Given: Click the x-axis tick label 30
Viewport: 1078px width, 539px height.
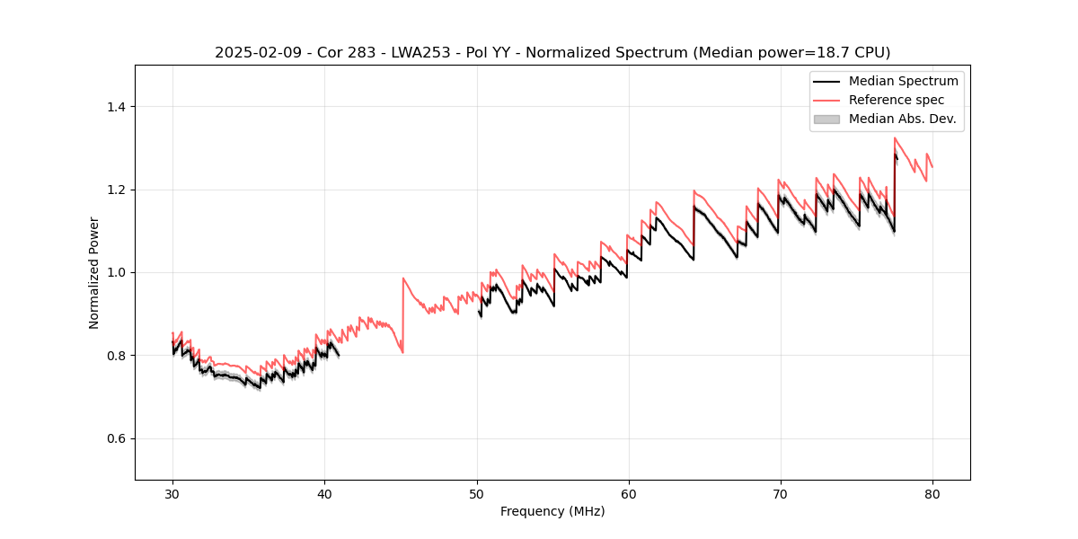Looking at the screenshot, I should (172, 493).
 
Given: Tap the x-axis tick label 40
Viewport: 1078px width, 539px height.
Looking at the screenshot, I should (324, 493).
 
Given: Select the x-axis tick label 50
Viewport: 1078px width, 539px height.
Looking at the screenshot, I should (476, 493).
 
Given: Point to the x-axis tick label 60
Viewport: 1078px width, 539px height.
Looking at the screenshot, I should (629, 493).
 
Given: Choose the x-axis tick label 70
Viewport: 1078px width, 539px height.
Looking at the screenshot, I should (781, 493).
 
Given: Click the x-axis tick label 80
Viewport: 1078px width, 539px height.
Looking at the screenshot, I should (932, 493).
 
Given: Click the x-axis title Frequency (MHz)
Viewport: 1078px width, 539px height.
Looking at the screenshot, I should (552, 511).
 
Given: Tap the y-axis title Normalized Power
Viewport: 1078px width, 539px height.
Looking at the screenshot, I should (94, 272).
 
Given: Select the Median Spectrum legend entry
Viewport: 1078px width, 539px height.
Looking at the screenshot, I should (903, 81).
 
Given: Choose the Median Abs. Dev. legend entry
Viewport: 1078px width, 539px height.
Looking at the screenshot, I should (902, 119).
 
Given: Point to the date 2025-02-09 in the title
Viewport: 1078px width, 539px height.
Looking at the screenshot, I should (253, 53).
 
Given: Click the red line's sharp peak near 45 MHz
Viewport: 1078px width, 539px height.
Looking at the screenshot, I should (403, 278).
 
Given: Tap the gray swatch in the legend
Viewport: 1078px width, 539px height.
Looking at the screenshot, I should (826, 119).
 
